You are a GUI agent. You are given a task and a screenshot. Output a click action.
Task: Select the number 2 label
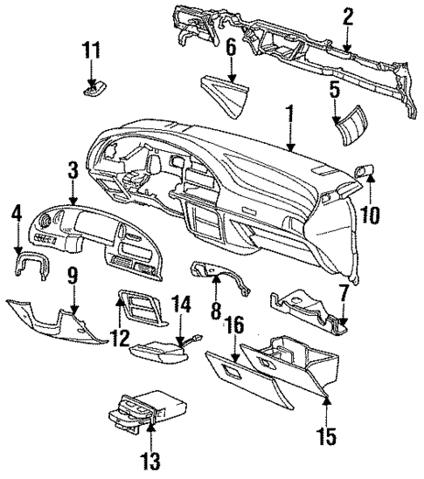click(x=348, y=16)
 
